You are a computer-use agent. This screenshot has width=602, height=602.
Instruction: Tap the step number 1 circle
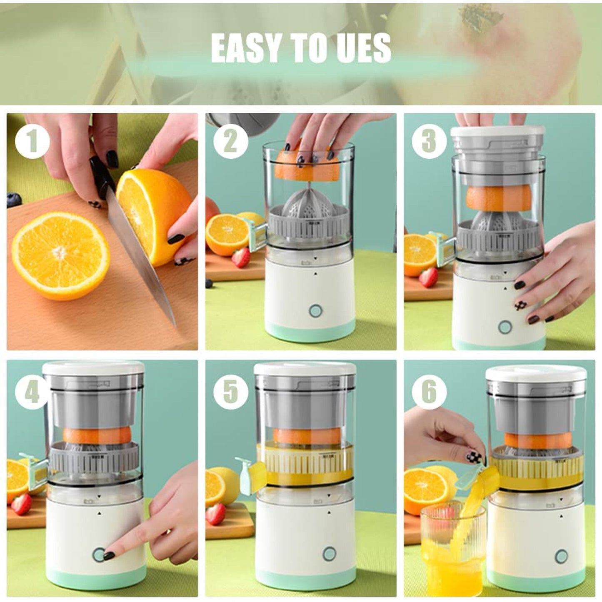click(32, 142)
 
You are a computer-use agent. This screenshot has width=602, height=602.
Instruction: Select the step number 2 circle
click(231, 142)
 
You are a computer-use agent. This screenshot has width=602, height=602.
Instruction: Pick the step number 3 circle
click(429, 142)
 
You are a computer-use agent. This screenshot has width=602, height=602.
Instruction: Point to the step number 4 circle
click(32, 392)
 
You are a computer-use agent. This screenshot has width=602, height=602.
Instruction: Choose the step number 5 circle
click(231, 392)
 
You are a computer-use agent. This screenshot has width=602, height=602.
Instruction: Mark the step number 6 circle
click(429, 392)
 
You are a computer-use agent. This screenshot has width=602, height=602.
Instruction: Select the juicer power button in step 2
click(315, 311)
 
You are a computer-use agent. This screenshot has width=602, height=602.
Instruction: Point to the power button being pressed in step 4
click(99, 555)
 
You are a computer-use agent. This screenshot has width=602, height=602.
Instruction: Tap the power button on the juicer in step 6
click(561, 556)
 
